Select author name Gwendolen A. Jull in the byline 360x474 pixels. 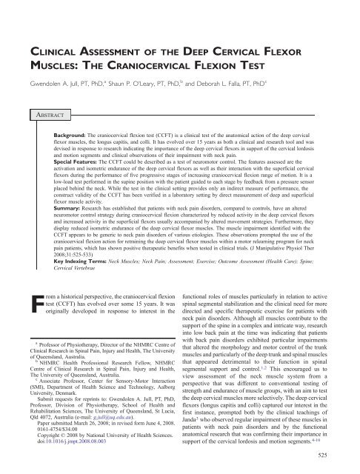pyautogui.click(x=56, y=84)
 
